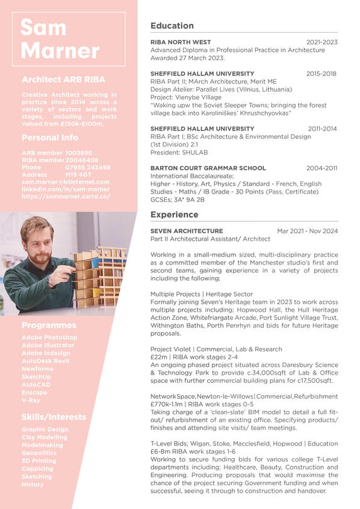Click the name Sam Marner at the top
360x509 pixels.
point(60,39)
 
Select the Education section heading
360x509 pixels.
point(172,26)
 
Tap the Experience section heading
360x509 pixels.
point(174,215)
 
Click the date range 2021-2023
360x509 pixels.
point(322,42)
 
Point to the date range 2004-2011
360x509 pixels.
point(322,168)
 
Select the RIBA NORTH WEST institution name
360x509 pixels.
point(180,42)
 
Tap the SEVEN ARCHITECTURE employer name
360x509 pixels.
point(187,231)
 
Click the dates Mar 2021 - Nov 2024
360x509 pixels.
point(307,231)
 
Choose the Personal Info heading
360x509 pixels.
point(50,138)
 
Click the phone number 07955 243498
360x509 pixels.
point(87,168)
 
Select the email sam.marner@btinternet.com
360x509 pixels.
point(65,182)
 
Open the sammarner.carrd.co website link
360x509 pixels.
point(65,196)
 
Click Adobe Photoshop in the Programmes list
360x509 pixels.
point(49,337)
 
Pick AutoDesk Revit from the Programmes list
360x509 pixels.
point(46,361)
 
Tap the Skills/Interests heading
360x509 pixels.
point(53,417)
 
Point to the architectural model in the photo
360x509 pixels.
point(94,276)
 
